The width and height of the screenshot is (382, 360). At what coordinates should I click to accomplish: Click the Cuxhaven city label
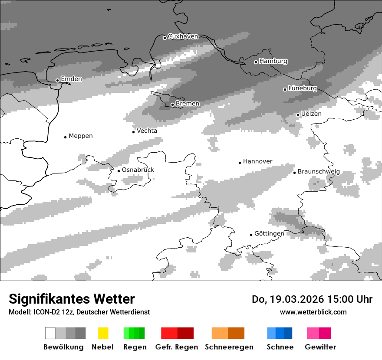183,36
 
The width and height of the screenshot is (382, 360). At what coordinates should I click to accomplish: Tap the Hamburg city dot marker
256,62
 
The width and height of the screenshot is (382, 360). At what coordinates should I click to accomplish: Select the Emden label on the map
71,79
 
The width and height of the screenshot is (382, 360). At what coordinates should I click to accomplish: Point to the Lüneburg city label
303,88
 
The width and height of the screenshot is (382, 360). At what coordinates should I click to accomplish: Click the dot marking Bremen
172,105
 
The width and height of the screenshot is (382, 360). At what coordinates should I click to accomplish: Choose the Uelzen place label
311,114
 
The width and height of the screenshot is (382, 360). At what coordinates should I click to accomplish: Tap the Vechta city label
147,131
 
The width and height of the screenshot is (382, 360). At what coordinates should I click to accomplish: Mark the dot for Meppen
65,137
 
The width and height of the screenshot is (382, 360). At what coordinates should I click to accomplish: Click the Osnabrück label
138,170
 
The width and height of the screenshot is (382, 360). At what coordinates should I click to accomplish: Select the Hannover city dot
240,163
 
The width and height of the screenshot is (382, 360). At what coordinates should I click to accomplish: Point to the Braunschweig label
319,172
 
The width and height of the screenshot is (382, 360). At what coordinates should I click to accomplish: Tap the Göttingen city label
269,233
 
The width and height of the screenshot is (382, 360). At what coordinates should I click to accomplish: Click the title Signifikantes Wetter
72,299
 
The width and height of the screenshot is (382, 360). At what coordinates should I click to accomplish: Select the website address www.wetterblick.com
313,312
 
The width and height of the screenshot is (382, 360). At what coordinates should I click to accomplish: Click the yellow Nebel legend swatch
103,333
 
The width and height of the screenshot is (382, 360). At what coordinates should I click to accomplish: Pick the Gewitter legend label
320,347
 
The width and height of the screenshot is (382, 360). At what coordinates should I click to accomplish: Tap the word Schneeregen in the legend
229,347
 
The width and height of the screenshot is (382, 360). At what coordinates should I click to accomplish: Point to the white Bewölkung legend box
50,333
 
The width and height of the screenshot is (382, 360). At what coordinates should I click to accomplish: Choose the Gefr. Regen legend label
176,347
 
